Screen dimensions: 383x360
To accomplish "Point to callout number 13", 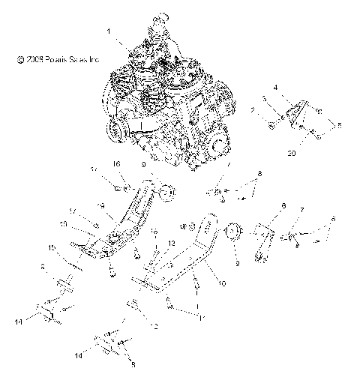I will [171, 244].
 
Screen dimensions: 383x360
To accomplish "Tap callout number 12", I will [155, 326].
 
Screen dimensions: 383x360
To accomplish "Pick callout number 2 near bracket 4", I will [253, 110].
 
